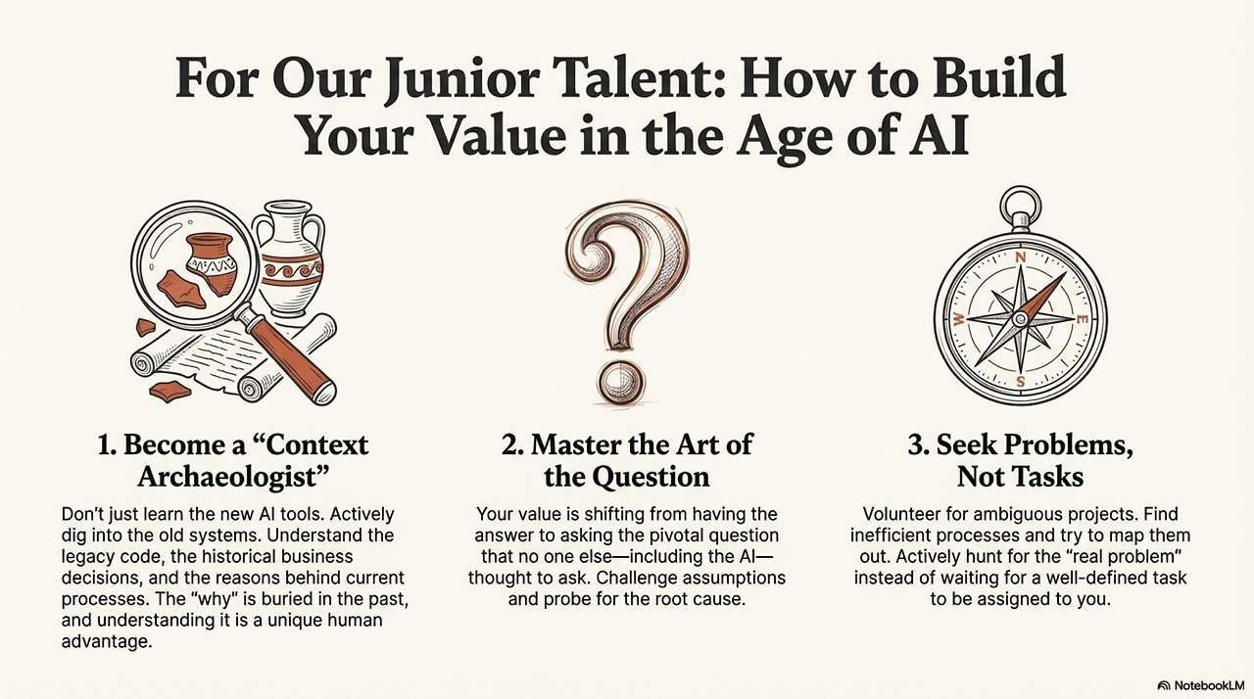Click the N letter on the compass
1020,257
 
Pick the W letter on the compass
959,320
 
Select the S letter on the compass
1020,381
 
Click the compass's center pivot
1020,319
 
